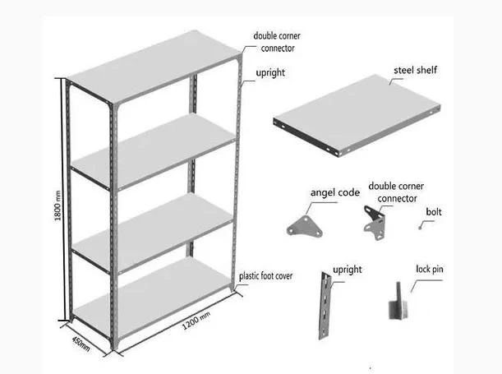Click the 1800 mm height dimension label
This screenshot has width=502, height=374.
pos(58,205)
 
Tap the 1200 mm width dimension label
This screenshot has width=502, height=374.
pos(196,321)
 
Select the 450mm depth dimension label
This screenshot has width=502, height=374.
pos(81,344)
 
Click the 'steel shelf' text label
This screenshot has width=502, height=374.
pos(415,70)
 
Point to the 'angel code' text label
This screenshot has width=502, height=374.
pos(335,193)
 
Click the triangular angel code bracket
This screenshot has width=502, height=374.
pos(305,226)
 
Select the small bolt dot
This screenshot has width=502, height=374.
pos(420,228)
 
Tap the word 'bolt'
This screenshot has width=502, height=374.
pos(434,212)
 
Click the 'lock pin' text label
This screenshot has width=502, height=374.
pos(430,269)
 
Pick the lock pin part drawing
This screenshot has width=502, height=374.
pos(398,302)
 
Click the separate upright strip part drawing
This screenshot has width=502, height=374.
pos(325,306)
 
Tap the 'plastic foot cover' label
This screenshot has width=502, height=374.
pos(265,276)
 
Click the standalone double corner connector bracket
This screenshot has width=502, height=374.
pos(375,223)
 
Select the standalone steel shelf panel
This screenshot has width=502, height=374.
pos(357,115)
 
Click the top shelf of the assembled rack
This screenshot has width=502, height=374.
pos(154,67)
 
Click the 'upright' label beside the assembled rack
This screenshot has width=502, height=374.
pos(270,73)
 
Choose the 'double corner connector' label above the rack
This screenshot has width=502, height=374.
pos(277,42)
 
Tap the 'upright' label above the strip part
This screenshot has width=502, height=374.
pos(348,270)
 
